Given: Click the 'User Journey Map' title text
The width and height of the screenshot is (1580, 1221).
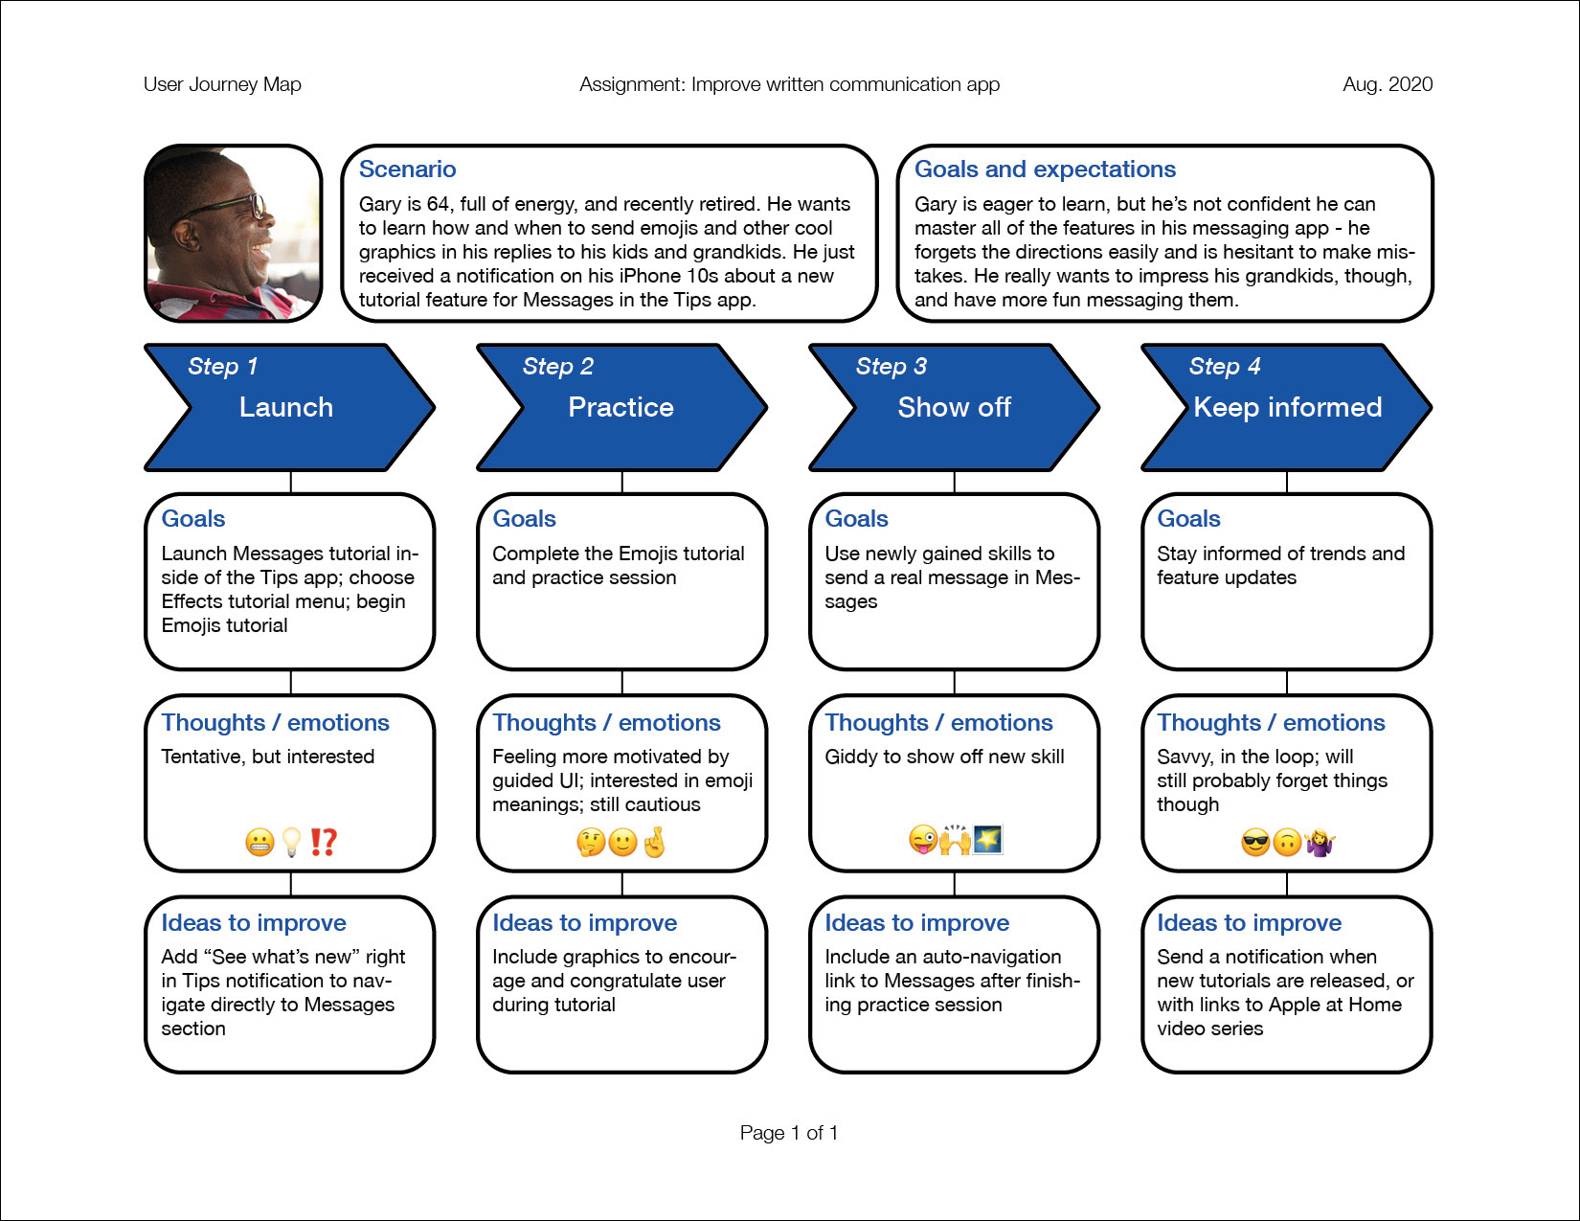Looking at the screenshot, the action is (x=222, y=84).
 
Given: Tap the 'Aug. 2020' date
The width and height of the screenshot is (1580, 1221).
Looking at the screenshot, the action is (x=1388, y=84).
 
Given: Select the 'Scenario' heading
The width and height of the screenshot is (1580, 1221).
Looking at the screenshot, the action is (x=407, y=169).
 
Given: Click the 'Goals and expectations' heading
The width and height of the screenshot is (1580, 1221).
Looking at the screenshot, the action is (x=1045, y=169).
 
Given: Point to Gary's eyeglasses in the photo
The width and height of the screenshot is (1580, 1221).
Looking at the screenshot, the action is (x=233, y=204).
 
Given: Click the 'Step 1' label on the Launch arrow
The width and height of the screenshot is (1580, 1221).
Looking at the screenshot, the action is (x=222, y=366).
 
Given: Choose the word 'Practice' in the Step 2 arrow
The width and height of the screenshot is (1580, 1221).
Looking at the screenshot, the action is (x=621, y=407).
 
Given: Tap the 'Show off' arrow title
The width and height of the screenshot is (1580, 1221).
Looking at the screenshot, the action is (x=954, y=407).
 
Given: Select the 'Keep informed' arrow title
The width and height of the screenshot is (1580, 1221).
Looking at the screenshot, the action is (x=1288, y=407).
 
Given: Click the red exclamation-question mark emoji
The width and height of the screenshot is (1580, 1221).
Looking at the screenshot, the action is (x=324, y=842).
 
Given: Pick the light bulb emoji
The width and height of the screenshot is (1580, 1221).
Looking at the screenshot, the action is (x=291, y=842).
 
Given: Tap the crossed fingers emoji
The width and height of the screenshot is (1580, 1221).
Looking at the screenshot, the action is (x=654, y=842).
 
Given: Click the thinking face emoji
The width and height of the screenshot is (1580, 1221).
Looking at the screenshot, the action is (x=591, y=843).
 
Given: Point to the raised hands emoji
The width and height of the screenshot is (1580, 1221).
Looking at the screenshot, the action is (x=956, y=839).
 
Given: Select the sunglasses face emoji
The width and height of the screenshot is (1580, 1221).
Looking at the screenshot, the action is (x=1255, y=843).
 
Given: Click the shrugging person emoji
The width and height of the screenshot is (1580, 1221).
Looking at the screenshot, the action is (x=1320, y=843).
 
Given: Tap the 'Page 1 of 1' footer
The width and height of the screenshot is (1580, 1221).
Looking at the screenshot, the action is (x=789, y=1132).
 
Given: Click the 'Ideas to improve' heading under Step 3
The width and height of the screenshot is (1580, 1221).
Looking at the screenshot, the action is (x=917, y=922).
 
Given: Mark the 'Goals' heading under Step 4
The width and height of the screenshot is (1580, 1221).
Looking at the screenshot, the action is (x=1188, y=518).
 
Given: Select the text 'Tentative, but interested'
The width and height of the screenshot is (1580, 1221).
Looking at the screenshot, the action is (x=267, y=757).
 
